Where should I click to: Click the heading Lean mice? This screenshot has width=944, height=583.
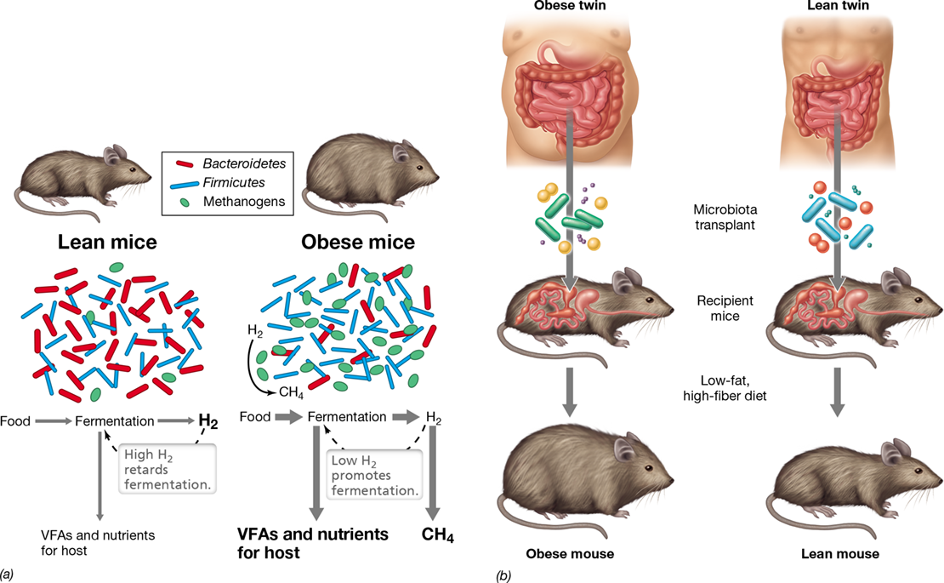107,242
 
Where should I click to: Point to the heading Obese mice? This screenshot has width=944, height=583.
357,242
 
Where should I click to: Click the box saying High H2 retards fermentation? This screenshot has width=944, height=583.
167,469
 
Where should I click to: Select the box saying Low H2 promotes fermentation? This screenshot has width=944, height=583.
374,475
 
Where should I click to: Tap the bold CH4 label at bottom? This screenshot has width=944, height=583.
438,535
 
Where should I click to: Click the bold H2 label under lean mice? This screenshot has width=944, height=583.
208,421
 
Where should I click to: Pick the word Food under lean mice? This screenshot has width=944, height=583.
15,421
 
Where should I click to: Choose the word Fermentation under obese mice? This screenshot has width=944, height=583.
347,417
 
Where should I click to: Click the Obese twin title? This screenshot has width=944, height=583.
570,6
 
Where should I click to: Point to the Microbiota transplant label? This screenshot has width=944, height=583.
725,217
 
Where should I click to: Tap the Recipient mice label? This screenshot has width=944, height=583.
725,308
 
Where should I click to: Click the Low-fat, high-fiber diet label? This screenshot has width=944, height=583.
725,388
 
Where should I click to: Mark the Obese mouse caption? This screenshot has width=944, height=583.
570,554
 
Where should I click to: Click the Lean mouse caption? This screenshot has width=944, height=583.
840,554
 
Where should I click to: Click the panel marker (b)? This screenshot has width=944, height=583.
503,576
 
